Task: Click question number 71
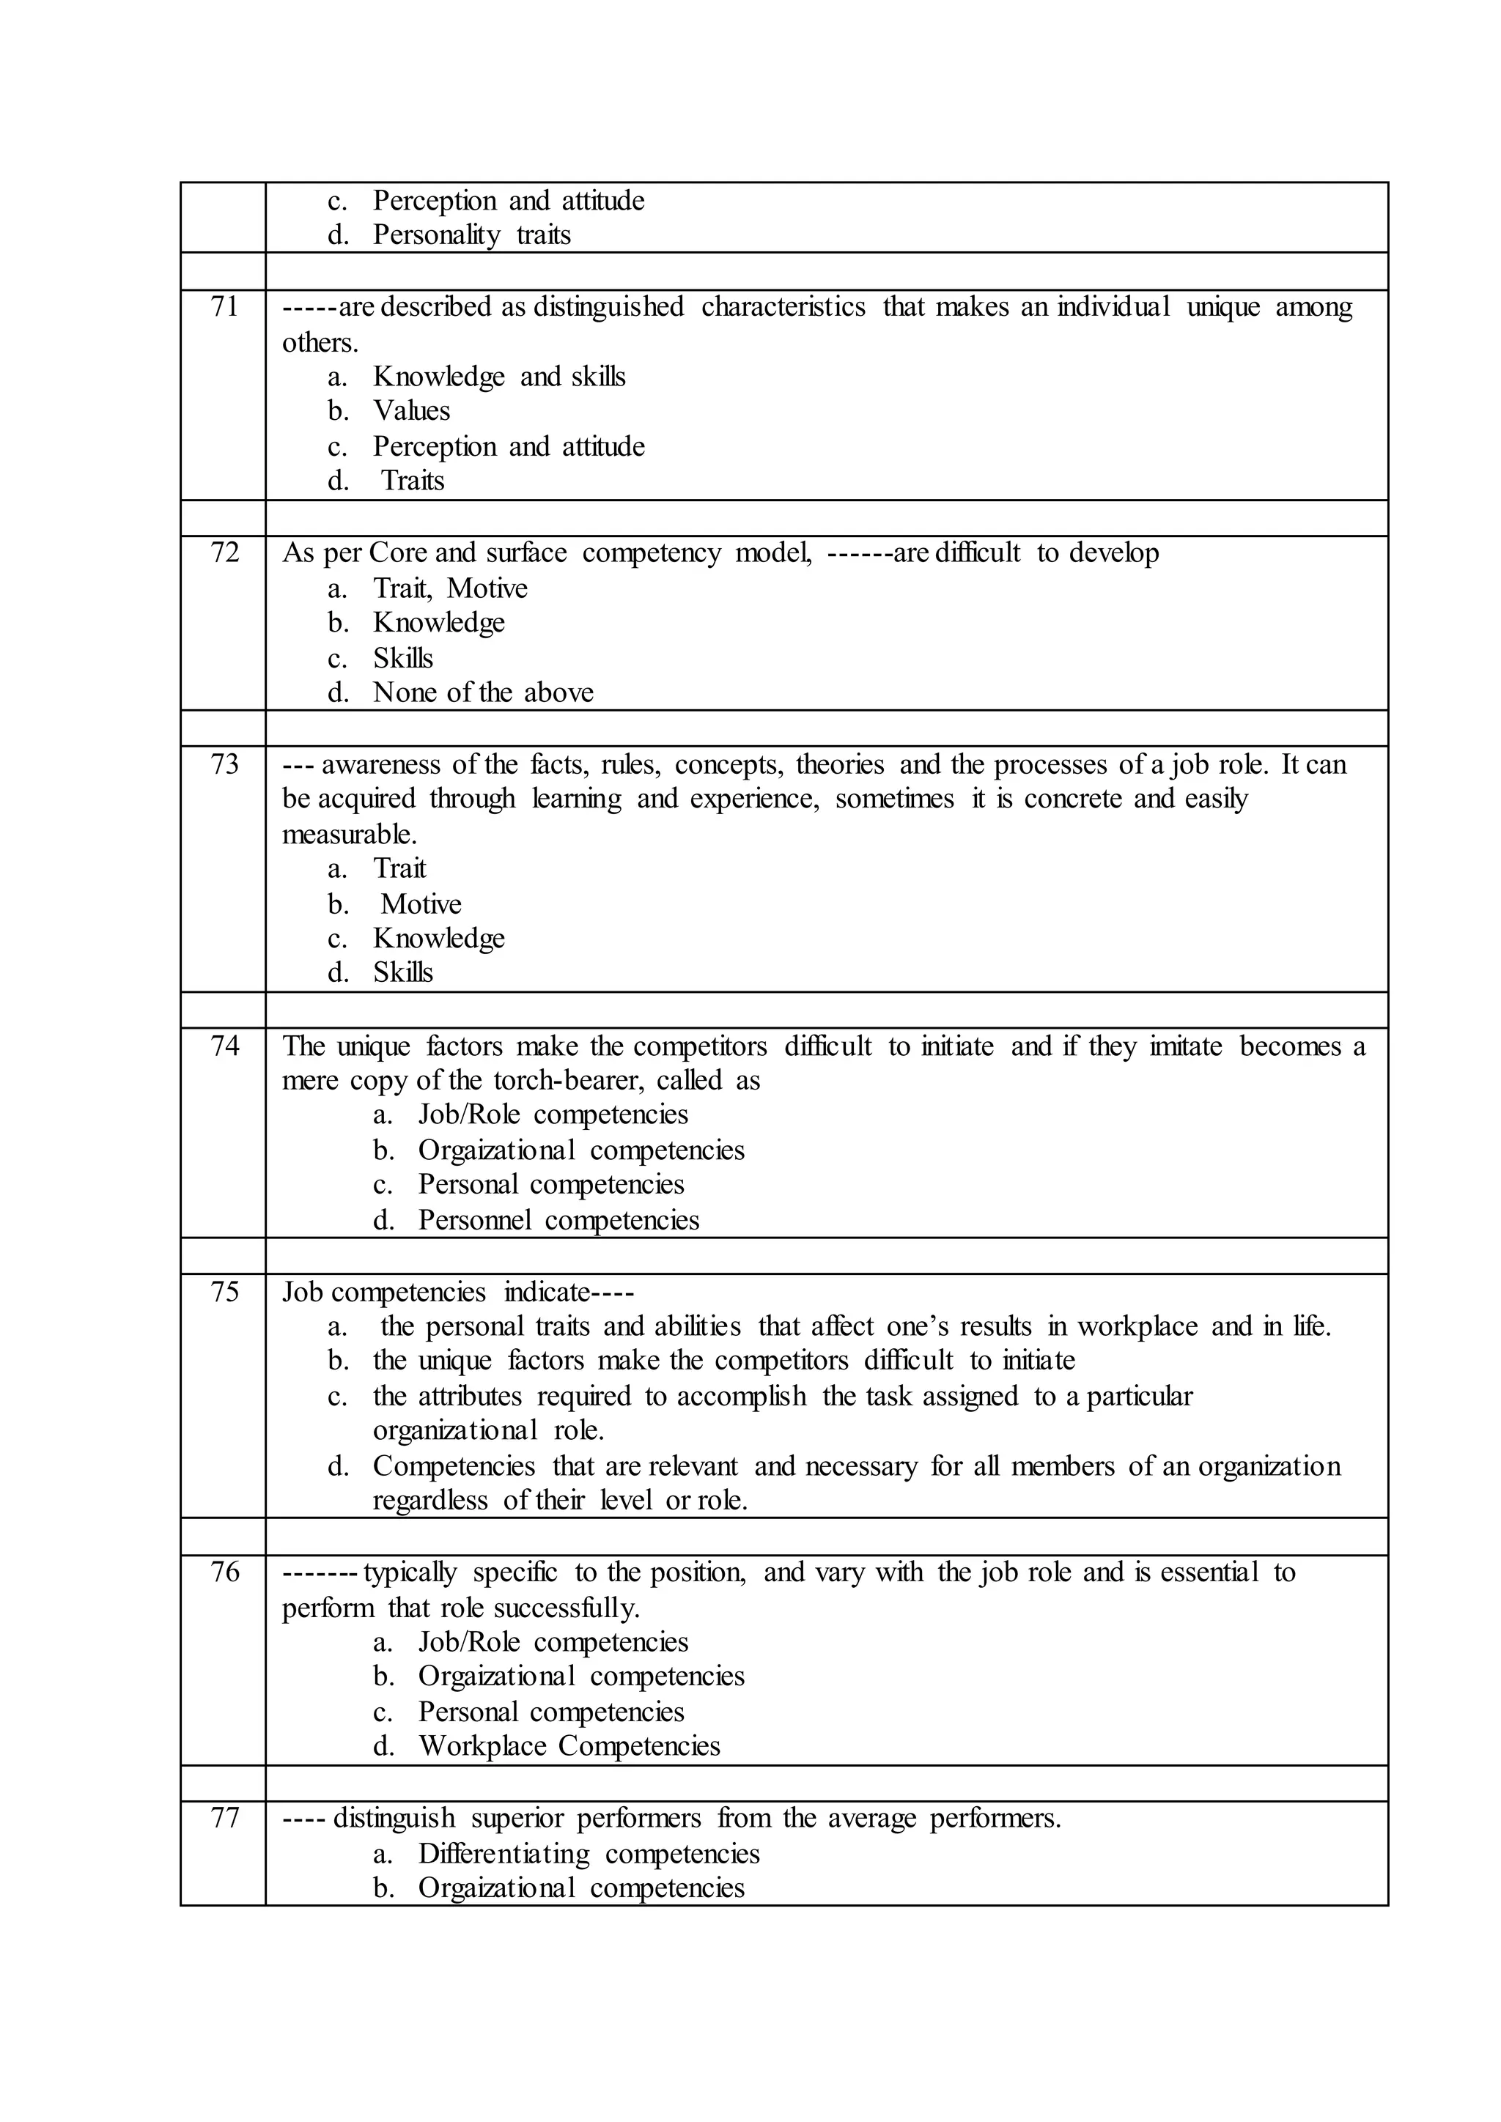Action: (x=224, y=307)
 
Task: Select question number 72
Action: (x=224, y=552)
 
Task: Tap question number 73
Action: (x=224, y=764)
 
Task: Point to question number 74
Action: (x=224, y=1046)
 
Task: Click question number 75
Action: (x=224, y=1292)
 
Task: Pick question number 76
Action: (x=224, y=1572)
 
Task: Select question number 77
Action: (x=224, y=1818)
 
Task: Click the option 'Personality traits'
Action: (x=471, y=234)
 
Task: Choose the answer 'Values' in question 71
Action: (x=411, y=410)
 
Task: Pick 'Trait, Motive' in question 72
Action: (x=450, y=588)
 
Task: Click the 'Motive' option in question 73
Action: (x=421, y=904)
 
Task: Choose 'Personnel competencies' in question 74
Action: (x=558, y=1220)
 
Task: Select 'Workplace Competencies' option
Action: (x=569, y=1746)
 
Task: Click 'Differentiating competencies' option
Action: (x=589, y=1854)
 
